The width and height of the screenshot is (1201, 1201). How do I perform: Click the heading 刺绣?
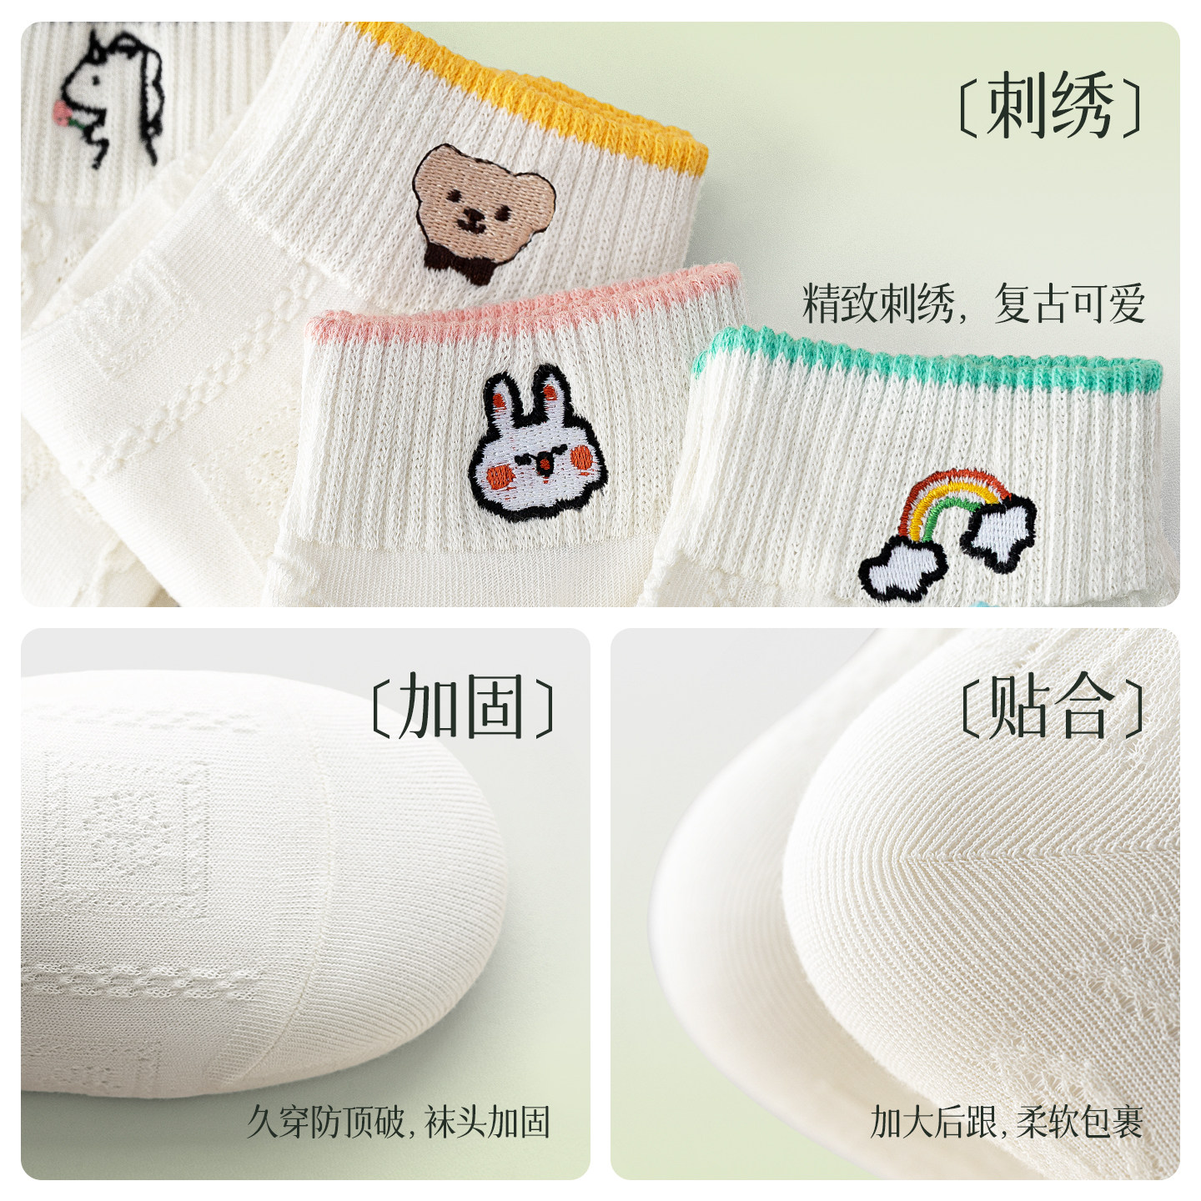tap(1049, 106)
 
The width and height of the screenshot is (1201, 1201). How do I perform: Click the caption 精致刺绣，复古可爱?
tap(972, 304)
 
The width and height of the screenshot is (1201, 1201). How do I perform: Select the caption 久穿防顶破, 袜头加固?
tap(399, 1122)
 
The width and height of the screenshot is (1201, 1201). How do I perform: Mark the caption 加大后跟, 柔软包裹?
tap(1006, 1122)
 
